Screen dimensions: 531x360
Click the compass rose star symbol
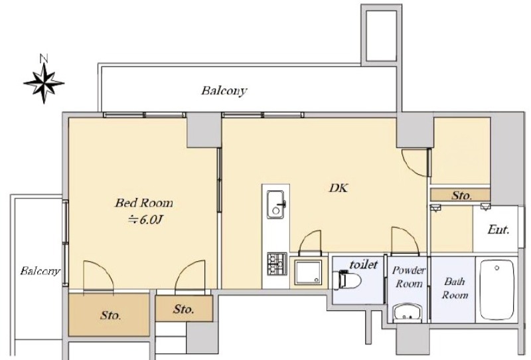tap(44, 82)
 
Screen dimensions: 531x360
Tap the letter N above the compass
tap(44, 58)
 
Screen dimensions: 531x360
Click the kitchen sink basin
tap(275, 204)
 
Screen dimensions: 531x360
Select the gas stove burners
tap(277, 264)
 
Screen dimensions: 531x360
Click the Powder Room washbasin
tap(408, 313)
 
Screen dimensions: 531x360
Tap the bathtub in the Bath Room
tap(496, 290)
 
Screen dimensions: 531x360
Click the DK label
tap(338, 188)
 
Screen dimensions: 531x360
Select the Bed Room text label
tap(144, 203)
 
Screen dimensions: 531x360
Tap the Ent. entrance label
tap(498, 230)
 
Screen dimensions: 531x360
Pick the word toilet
tap(363, 264)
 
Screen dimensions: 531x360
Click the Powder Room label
tap(409, 276)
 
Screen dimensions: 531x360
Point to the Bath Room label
tap(455, 288)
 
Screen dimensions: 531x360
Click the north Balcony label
tap(224, 91)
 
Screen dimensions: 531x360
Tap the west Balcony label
tap(40, 271)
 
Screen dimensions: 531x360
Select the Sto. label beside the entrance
tap(461, 195)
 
